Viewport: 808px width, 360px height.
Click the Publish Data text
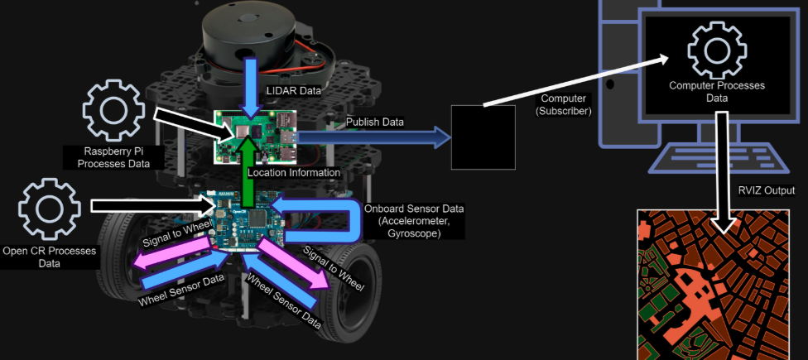pyautogui.click(x=375, y=122)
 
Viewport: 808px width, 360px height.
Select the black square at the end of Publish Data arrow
pyautogui.click(x=480, y=137)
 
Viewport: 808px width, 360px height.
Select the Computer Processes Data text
pyautogui.click(x=717, y=91)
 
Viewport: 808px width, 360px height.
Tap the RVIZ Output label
pyautogui.click(x=767, y=190)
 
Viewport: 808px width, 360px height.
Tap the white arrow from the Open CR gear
pyautogui.click(x=149, y=202)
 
